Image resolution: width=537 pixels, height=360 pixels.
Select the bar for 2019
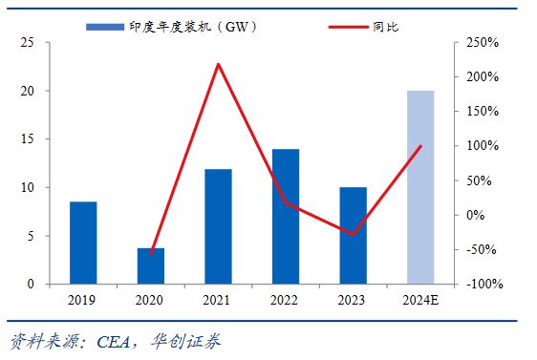[83, 243]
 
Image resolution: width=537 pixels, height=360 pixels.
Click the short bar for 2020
[151, 265]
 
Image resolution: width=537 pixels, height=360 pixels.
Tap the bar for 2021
[218, 226]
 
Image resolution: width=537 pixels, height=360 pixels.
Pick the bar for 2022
[286, 216]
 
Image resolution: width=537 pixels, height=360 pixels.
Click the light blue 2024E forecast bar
[420, 187]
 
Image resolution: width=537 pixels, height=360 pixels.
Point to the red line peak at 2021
[218, 65]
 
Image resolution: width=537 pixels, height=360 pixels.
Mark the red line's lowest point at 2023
[353, 233]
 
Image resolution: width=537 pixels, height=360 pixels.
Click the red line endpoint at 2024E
[420, 146]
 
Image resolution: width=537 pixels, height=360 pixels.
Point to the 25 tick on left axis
[29, 43]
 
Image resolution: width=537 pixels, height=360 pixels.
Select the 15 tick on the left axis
[29, 139]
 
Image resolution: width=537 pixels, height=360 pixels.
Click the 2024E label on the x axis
[420, 301]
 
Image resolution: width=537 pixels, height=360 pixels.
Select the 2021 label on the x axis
[218, 301]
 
